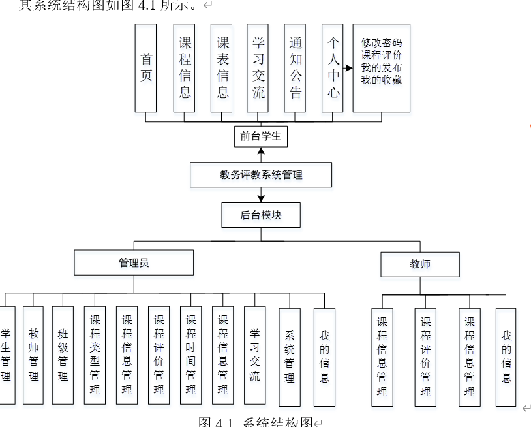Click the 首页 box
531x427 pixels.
pyautogui.click(x=146, y=68)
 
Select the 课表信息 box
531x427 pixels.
pyautogui.click(x=222, y=68)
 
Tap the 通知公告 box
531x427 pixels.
pyautogui.click(x=296, y=68)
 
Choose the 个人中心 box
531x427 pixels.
pyautogui.click(x=333, y=68)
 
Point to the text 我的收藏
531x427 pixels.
pyautogui.click(x=382, y=80)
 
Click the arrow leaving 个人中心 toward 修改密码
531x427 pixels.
pyautogui.click(x=348, y=67)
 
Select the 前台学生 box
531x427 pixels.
pyautogui.click(x=260, y=136)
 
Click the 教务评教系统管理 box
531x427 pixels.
pyautogui.click(x=261, y=175)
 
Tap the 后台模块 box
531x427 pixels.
pyautogui.click(x=261, y=215)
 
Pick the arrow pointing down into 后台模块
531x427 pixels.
pyautogui.click(x=261, y=198)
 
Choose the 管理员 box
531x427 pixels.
pyautogui.click(x=134, y=262)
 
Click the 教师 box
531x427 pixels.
pyautogui.click(x=419, y=264)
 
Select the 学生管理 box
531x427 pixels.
pyautogui.click(x=6, y=355)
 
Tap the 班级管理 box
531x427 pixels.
pyautogui.click(x=63, y=355)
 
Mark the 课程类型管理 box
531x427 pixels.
pyautogui.click(x=95, y=355)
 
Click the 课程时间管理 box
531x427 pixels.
pyautogui.click(x=190, y=355)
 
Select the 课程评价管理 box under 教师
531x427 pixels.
pyautogui.click(x=425, y=357)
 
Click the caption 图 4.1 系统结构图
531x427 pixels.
pyautogui.click(x=256, y=421)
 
